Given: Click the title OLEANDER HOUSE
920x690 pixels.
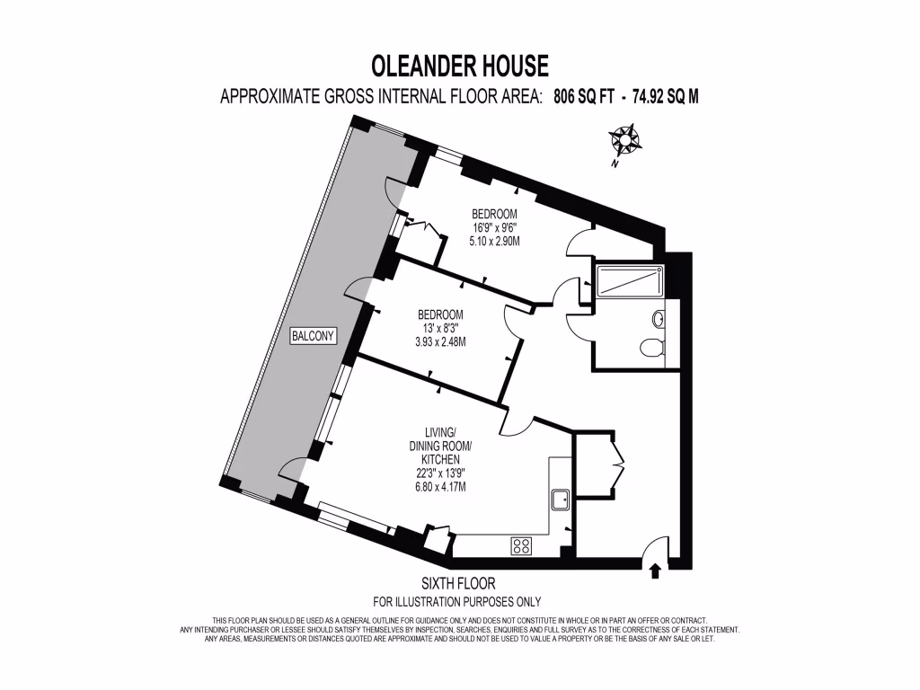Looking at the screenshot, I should (459, 66).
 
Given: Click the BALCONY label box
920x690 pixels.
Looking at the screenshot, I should (313, 336).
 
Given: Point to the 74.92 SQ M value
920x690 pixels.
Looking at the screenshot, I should (665, 97).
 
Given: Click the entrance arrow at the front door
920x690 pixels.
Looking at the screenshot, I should (654, 570).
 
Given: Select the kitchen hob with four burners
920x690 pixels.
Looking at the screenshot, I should (521, 544).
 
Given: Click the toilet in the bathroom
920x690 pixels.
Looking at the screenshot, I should (651, 347).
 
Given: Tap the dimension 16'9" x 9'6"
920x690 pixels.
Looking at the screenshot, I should (494, 228).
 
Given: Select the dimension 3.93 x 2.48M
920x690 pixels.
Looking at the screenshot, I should (440, 341).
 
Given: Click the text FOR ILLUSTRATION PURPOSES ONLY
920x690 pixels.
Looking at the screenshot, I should (457, 602).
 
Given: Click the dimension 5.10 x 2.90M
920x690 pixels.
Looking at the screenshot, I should (494, 241).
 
